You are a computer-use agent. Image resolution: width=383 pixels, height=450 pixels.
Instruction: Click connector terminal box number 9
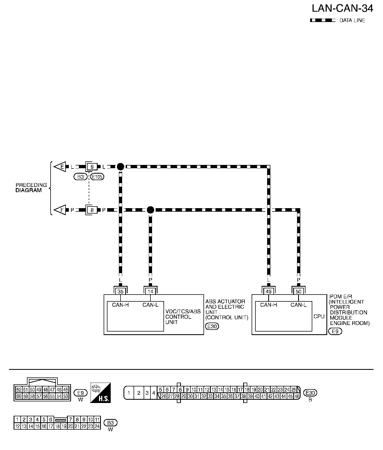pyautogui.click(x=92, y=167)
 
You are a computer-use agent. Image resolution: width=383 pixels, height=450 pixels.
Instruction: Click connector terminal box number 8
pyautogui.click(x=92, y=210)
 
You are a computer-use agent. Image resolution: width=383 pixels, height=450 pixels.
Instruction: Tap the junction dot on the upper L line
pyautogui.click(x=121, y=167)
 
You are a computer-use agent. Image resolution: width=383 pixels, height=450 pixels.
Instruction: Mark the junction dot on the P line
pyautogui.click(x=150, y=210)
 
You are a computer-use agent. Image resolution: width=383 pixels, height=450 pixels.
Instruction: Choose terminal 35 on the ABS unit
pyautogui.click(x=121, y=292)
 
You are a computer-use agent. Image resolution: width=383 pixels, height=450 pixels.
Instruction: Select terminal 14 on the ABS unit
pyautogui.click(x=150, y=292)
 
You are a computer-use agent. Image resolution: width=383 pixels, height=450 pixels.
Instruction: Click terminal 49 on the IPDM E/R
pyautogui.click(x=268, y=292)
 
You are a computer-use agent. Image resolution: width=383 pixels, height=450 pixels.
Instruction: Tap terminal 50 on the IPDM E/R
pyautogui.click(x=298, y=292)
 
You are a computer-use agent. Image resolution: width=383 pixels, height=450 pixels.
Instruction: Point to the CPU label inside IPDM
pyautogui.click(x=319, y=317)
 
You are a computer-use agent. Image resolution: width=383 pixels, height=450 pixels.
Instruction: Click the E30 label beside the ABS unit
pyautogui.click(x=212, y=326)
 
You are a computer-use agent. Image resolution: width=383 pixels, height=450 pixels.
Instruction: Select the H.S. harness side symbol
pyautogui.click(x=100, y=393)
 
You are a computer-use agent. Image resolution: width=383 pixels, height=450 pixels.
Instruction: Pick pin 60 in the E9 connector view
pyautogui.click(x=19, y=396)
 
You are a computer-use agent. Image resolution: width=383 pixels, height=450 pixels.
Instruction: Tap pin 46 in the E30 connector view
pyautogui.click(x=297, y=396)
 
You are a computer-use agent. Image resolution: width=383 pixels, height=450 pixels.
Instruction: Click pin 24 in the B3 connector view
pyautogui.click(x=97, y=426)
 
